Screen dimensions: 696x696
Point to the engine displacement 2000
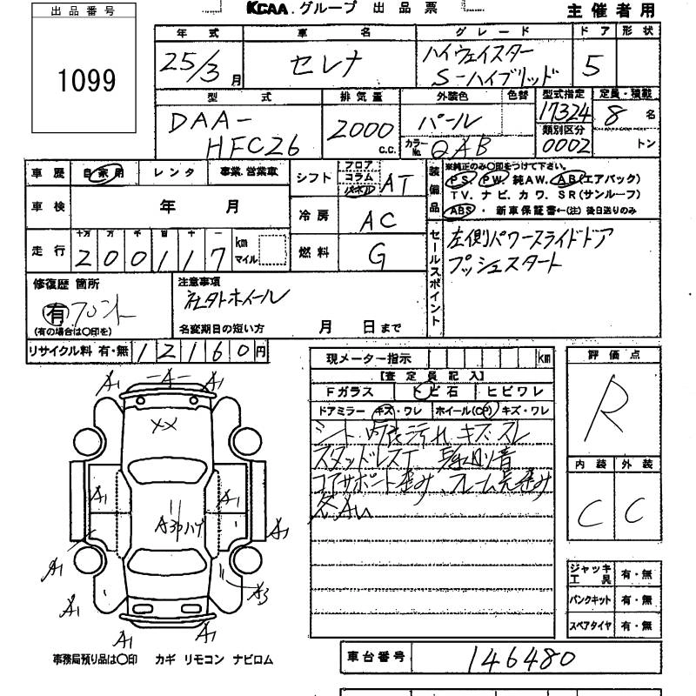359,130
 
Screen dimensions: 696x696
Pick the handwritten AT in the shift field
398,184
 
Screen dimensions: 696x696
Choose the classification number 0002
565,144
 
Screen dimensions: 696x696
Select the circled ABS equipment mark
458,211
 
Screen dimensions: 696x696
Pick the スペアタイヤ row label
591,626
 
